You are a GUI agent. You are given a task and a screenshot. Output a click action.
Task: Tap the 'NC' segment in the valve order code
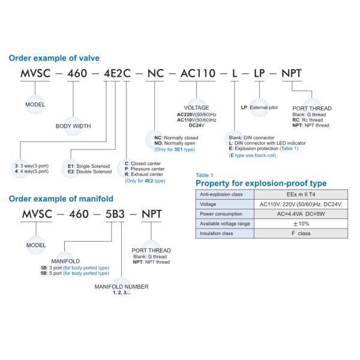(155, 74)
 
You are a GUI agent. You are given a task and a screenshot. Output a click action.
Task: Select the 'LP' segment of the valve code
(259, 74)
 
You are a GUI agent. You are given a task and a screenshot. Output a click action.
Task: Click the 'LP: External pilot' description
(263, 107)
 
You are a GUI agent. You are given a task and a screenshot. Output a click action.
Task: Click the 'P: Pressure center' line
(145, 169)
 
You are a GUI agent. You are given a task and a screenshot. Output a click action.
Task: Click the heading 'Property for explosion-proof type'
(261, 183)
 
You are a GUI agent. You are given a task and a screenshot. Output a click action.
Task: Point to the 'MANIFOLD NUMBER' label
(122, 287)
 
